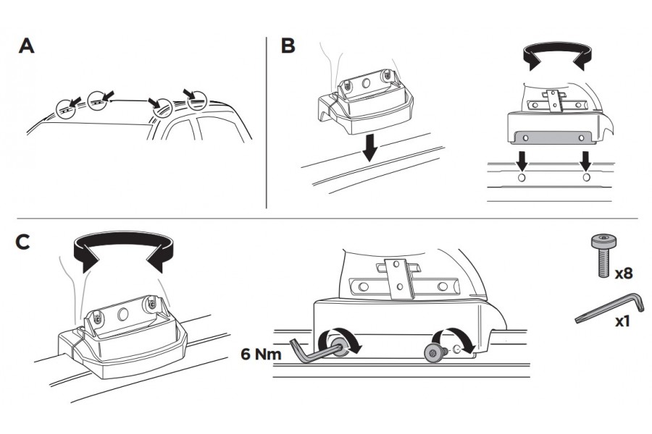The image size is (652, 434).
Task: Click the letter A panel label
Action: (26, 46)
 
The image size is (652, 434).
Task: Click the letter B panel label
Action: (288, 46)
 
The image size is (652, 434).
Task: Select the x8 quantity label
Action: (624, 275)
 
